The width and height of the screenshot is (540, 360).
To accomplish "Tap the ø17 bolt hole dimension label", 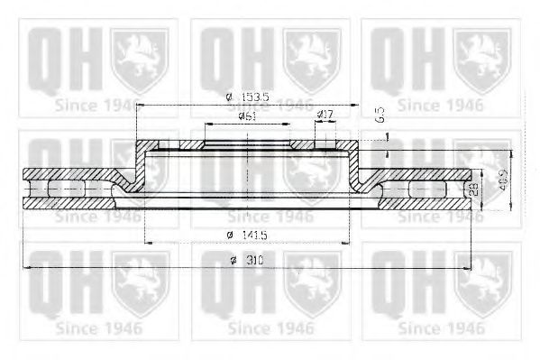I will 325,115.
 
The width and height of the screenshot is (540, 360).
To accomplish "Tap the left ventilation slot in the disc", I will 67,189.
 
